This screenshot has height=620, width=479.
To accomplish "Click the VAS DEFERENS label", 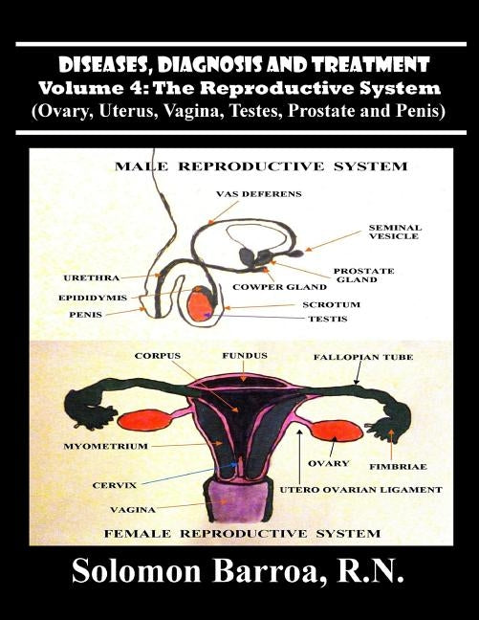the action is point(259,194).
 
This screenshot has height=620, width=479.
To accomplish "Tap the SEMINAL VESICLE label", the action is point(395,232).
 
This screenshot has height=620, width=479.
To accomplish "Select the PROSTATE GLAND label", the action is point(363,276).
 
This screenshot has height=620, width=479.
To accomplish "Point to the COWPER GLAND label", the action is point(279,287).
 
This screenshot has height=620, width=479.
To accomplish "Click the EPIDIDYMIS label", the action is point(93,298).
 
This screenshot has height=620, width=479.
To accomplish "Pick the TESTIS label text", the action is point(328,320).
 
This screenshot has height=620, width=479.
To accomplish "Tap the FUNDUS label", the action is point(245,356).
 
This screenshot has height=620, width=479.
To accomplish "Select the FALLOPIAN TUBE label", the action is point(363,358).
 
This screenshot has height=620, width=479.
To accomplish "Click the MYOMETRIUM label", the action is point(105,447).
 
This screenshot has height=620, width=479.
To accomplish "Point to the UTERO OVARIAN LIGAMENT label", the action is point(360,490).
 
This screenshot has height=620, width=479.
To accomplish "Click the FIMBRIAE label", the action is point(398,467).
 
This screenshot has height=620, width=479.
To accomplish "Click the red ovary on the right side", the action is point(337,431).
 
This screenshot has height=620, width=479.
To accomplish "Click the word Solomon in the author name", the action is point(137,572).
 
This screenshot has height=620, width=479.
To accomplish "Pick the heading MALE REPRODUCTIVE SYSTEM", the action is point(261,166).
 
